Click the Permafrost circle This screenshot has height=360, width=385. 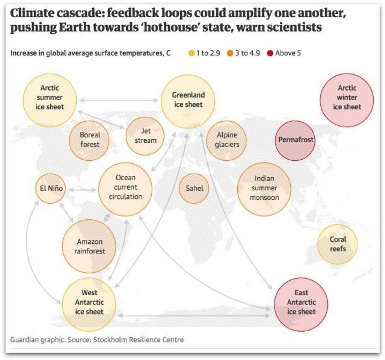tap(296, 140)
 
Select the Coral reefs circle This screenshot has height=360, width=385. tap(337, 244)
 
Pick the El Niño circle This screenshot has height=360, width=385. tap(49, 188)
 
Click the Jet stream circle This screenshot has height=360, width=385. tap(145, 136)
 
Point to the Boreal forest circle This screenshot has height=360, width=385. tap(90, 140)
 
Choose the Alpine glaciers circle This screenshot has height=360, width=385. tap(227, 140)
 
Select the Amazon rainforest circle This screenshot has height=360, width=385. tap(89, 246)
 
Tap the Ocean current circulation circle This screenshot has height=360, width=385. tap(125, 189)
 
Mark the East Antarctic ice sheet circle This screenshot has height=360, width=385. tap(301, 303)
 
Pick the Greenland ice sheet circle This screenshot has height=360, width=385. tap(188, 101)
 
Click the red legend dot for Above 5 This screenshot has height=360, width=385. tap(270, 53)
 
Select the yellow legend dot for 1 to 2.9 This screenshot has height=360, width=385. tap(191, 53)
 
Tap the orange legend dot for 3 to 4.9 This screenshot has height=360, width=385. tap(230, 53)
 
